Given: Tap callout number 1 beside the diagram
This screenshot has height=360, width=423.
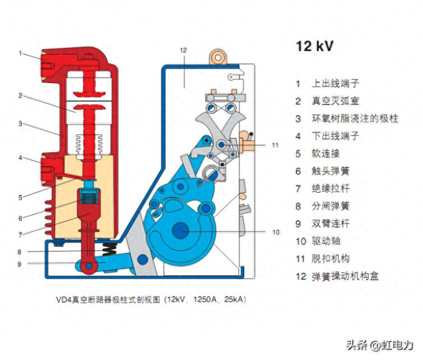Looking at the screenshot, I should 20,53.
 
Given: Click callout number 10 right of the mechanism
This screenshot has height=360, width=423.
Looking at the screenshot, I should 276,232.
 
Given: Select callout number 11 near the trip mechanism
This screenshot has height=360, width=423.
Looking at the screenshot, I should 275,145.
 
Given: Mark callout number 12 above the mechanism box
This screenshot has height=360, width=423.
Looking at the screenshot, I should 183,50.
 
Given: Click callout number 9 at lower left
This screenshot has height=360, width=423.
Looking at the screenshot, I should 19,264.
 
